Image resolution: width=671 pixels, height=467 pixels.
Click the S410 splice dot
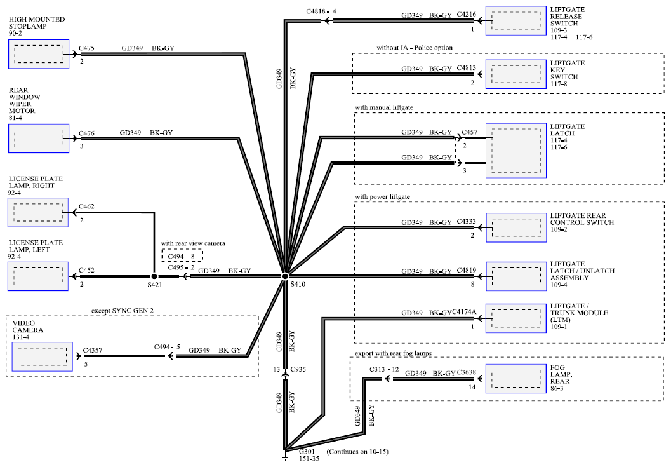[x=285, y=276]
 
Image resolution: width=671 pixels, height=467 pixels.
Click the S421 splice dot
[x=154, y=276]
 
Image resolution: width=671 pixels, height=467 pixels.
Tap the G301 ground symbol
[x=285, y=456]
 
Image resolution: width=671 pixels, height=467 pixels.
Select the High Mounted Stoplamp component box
[x=39, y=54]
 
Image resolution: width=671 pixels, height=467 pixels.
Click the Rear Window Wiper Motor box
[x=39, y=139]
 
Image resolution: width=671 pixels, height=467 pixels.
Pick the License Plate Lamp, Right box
[x=38, y=212]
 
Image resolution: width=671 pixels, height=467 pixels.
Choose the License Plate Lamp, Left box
[x=38, y=276]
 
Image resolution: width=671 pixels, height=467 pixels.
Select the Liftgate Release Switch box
[x=515, y=20]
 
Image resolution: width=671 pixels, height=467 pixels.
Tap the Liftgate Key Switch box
[x=515, y=74]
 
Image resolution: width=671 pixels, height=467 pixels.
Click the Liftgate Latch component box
[x=515, y=151]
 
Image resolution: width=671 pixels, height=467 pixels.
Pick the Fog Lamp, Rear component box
[x=515, y=378]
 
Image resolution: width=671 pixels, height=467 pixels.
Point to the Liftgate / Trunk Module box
[x=515, y=318]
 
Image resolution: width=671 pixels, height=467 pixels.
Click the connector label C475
[x=86, y=48]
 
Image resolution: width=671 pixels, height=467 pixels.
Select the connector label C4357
[x=93, y=350]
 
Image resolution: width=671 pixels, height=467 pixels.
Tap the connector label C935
[x=298, y=369]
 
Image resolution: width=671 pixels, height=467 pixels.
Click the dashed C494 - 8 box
[x=182, y=256]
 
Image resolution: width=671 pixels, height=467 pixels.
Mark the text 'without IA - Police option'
[x=415, y=48]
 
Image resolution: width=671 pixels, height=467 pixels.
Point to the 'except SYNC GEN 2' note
[x=122, y=310]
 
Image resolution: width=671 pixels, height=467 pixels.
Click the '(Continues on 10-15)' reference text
[x=357, y=452]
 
